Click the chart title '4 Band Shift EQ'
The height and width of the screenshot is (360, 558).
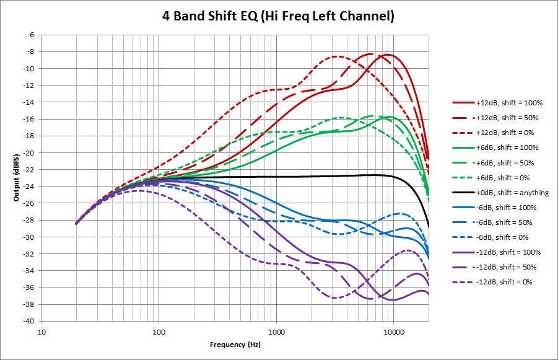click(x=278, y=16)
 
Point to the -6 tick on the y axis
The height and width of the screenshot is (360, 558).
click(x=30, y=35)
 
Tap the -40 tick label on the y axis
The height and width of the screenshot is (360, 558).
click(x=28, y=321)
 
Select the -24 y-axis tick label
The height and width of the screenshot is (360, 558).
click(x=28, y=187)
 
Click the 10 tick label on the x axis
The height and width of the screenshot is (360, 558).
click(x=41, y=331)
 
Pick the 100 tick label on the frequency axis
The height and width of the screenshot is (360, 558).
click(x=159, y=331)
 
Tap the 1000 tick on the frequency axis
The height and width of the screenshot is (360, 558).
click(x=276, y=331)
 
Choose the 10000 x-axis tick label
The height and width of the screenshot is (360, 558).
click(x=394, y=331)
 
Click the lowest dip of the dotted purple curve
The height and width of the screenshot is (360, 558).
click(x=335, y=298)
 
